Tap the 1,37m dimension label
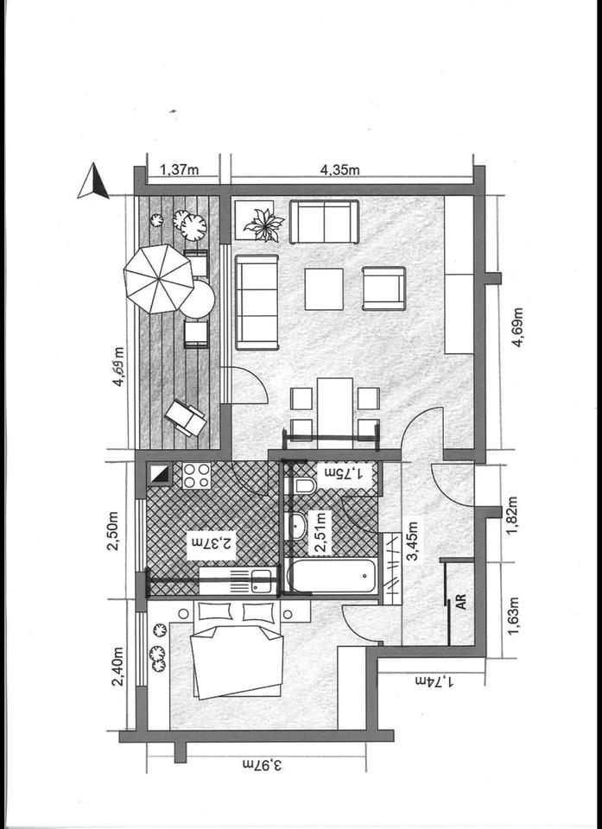tap(179, 170)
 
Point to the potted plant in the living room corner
tap(263, 225)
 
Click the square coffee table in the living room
tap(323, 288)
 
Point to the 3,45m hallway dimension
tap(413, 540)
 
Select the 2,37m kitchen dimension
tap(211, 544)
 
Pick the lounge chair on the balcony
tap(186, 418)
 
